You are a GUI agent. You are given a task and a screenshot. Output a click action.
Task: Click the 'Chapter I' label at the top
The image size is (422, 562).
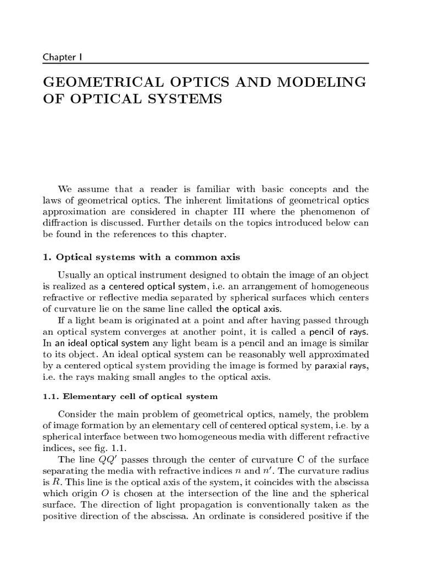coord(62,57)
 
